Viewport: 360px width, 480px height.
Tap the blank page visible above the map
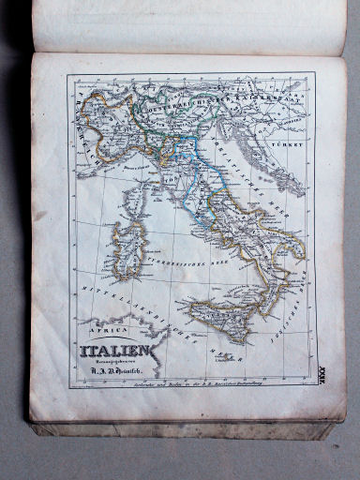(x=187, y=28)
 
